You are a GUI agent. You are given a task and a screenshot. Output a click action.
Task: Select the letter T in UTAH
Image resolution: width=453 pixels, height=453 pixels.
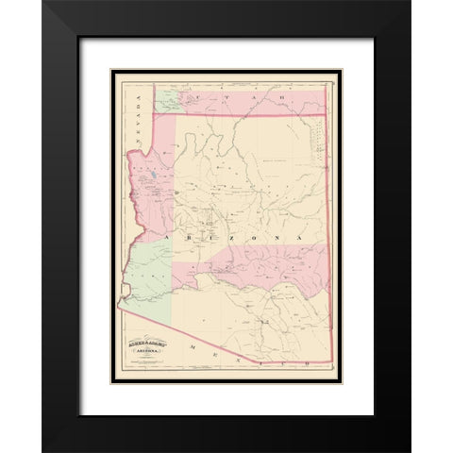[213, 96]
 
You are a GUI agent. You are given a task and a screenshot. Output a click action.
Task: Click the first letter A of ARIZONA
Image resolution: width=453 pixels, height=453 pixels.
[166, 239]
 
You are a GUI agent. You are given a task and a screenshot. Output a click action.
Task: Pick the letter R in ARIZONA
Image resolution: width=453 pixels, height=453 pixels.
[186, 239]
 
